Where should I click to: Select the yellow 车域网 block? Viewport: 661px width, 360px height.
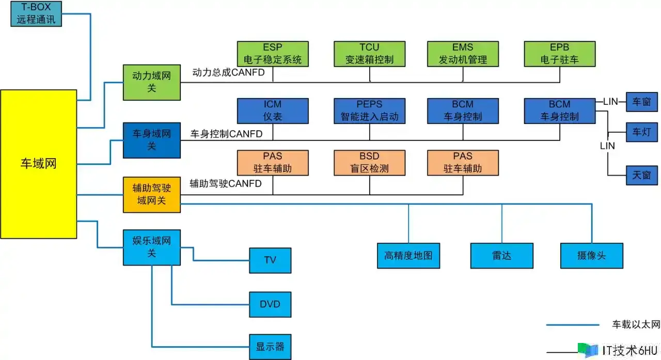tap(38, 164)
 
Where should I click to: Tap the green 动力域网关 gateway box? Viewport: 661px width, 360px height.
tap(151, 82)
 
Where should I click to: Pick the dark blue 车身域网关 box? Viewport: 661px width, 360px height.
tap(151, 140)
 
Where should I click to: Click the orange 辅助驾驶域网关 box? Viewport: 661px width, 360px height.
tap(151, 194)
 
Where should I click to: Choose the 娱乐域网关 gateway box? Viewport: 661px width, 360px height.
tap(151, 247)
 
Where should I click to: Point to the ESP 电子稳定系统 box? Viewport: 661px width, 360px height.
tap(272, 54)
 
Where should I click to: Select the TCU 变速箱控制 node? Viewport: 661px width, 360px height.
tap(369, 54)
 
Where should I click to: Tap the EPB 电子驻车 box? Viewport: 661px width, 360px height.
tap(560, 54)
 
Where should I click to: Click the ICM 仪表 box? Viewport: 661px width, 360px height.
tap(272, 111)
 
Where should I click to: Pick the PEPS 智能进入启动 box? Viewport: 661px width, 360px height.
tap(369, 111)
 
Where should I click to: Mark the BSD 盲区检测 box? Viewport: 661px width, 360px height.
tap(369, 162)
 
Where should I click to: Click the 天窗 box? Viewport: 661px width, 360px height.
tap(641, 176)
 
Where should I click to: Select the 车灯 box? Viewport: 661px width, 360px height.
tap(641, 132)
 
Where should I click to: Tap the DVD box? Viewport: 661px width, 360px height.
tap(270, 304)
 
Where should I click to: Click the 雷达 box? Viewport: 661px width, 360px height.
tap(501, 256)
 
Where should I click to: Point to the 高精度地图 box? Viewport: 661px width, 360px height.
tap(408, 256)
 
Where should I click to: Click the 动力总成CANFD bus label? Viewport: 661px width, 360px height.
tap(228, 73)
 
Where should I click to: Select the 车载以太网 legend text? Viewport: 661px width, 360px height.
tap(636, 325)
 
